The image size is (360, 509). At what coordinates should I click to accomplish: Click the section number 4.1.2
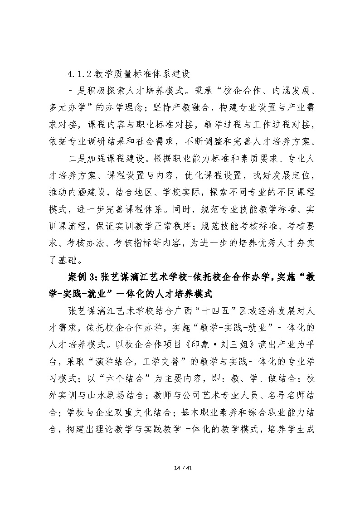coord(78,73)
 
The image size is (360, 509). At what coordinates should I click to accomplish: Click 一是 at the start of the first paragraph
coord(73,89)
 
